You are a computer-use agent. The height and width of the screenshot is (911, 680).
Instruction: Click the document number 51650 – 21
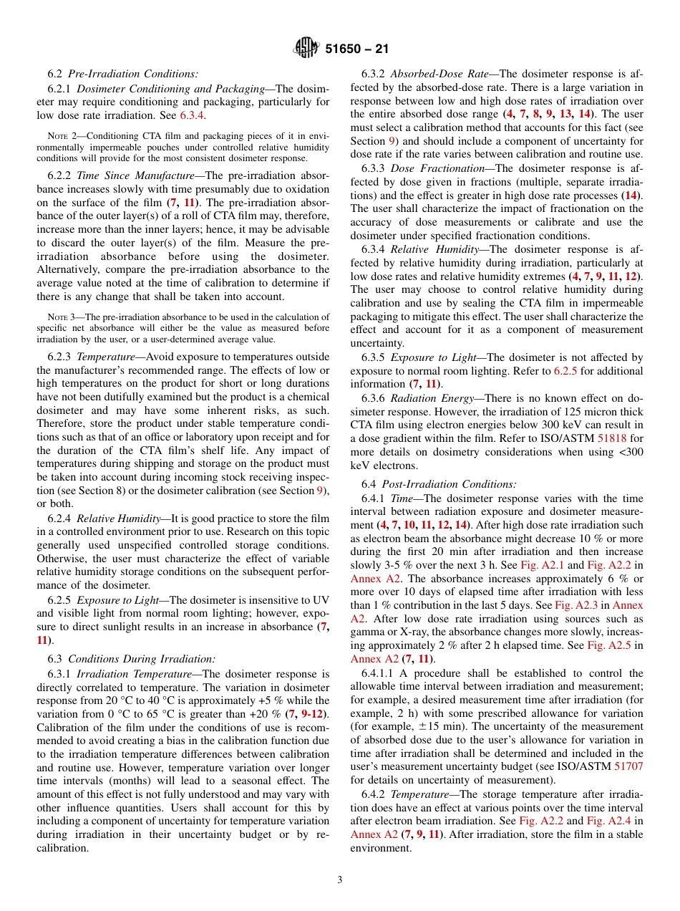[356, 49]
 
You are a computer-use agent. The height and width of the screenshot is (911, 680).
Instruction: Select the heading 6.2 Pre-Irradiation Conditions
[122, 74]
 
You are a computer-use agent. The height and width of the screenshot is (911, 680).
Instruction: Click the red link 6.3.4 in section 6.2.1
[192, 115]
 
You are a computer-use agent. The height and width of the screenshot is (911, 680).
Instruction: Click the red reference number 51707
[628, 766]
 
